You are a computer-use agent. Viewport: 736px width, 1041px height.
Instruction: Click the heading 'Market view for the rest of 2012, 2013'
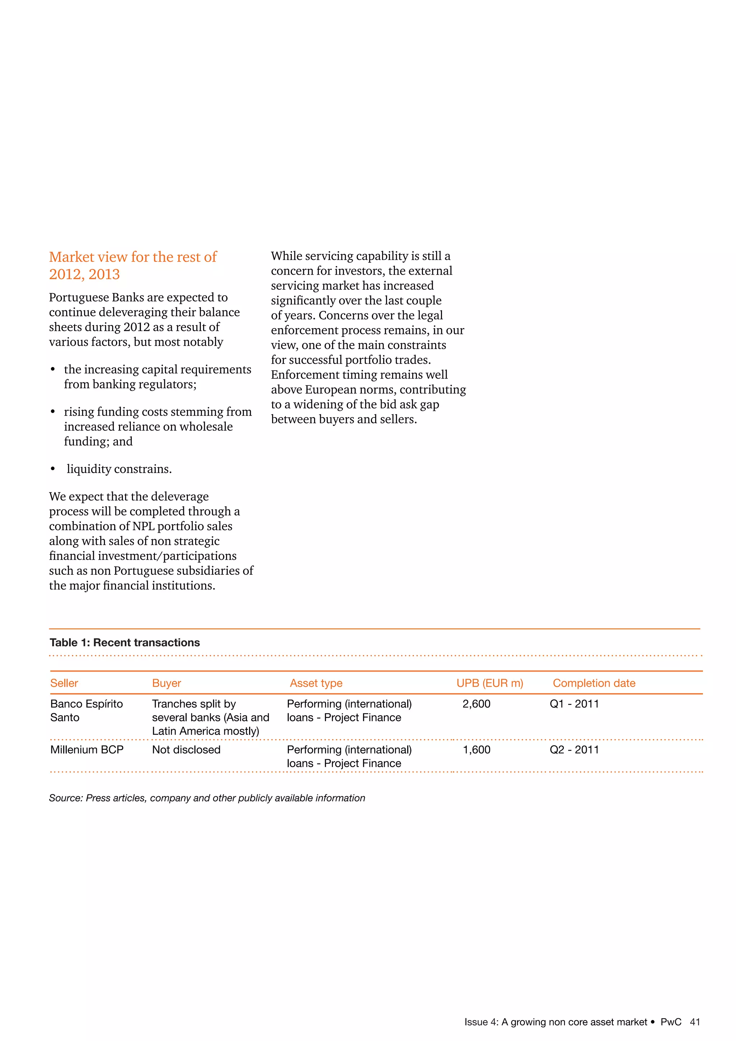click(132, 265)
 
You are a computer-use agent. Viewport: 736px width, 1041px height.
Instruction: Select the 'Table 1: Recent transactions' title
click(125, 642)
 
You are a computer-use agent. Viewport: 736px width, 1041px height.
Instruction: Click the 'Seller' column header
click(64, 683)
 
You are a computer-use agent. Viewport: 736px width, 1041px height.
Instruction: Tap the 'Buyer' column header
click(166, 683)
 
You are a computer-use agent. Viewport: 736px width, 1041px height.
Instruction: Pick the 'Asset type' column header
click(316, 683)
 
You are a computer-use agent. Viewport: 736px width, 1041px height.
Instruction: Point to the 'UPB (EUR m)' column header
click(489, 683)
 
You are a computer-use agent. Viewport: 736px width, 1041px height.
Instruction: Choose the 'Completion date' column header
click(594, 683)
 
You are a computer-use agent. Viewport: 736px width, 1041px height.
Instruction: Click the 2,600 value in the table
click(476, 704)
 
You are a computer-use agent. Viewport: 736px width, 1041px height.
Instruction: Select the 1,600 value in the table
click(476, 749)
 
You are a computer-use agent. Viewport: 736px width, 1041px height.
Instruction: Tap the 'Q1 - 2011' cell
click(574, 704)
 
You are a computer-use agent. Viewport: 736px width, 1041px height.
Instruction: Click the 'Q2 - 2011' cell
click(574, 749)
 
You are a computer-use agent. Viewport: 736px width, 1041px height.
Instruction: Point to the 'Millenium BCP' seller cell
click(87, 749)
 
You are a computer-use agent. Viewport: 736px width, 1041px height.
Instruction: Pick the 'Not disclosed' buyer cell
click(186, 749)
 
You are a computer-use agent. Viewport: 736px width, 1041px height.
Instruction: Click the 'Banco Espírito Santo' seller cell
click(86, 710)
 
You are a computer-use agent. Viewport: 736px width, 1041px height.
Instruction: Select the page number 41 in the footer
click(695, 1022)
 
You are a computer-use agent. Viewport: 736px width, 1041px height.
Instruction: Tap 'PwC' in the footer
click(671, 1022)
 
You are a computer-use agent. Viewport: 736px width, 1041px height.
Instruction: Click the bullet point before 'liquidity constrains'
click(53, 469)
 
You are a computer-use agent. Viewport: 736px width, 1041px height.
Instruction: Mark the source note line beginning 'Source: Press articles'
click(207, 798)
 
